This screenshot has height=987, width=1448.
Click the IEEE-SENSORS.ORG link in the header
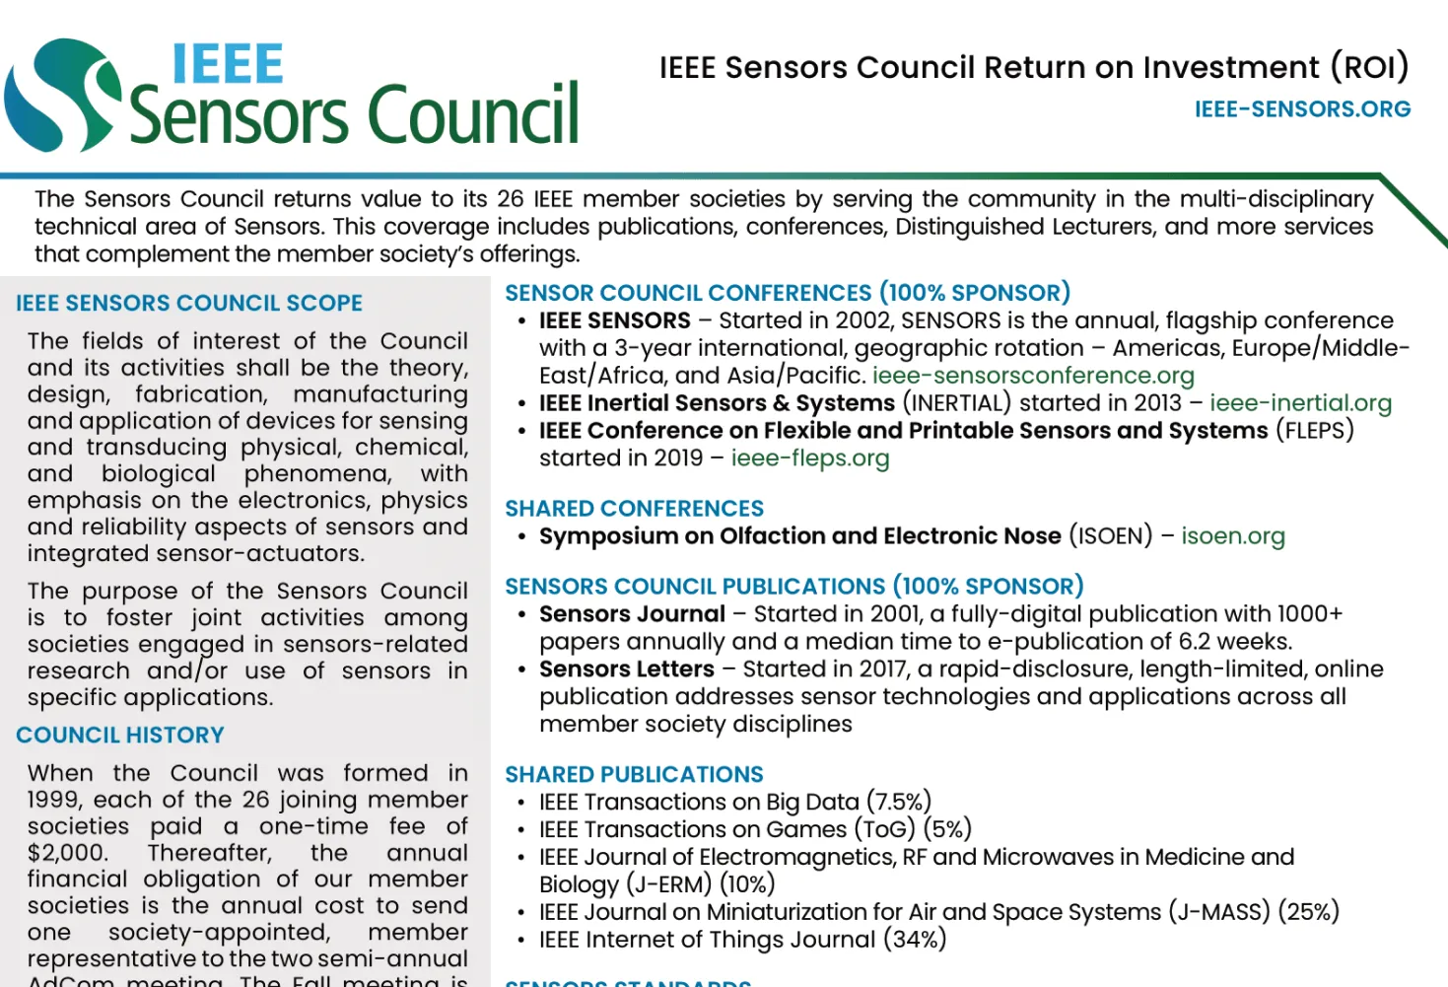1302,109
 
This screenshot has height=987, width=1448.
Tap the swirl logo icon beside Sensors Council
61,96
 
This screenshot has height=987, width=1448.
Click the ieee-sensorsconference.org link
1033,376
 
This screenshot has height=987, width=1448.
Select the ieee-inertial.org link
1300,403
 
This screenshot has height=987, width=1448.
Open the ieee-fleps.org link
809,458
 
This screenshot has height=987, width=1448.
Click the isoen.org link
1233,536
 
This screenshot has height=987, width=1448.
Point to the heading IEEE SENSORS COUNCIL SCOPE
189,304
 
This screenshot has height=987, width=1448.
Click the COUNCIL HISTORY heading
120,736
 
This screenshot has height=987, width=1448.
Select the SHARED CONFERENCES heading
634,509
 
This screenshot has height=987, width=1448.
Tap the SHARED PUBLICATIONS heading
634,775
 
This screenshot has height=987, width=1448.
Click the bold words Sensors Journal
632,614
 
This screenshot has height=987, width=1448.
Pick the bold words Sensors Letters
626,670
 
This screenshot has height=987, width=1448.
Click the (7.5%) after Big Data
899,802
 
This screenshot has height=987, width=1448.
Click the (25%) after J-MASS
1308,912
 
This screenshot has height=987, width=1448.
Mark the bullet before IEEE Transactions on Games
520,830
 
